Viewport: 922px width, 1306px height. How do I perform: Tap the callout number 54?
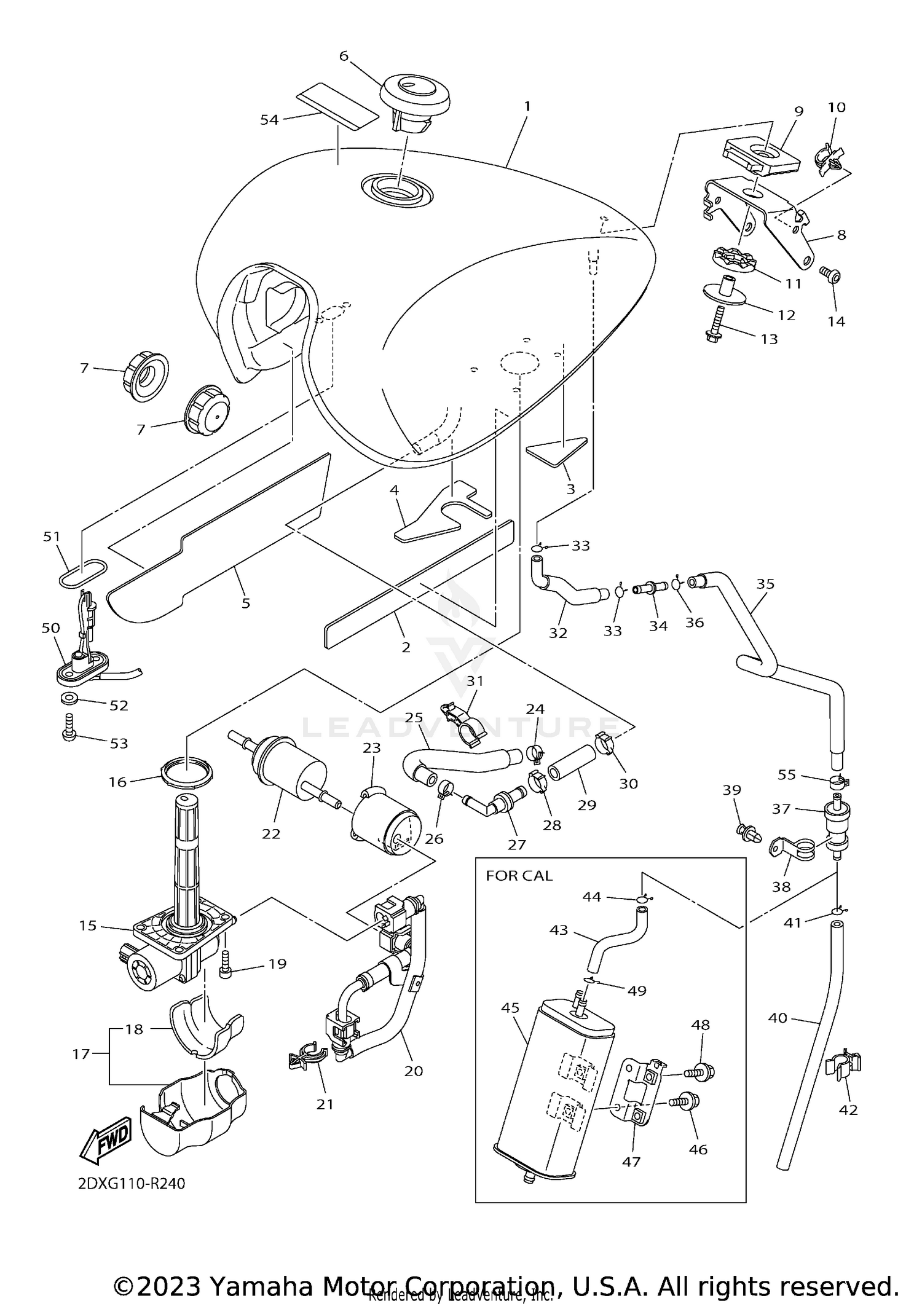(269, 120)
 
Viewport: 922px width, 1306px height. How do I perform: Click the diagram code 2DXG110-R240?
(132, 1183)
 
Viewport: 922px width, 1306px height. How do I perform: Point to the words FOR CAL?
(519, 875)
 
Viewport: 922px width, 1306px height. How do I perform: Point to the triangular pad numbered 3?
(556, 452)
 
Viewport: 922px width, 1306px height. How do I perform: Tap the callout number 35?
(765, 584)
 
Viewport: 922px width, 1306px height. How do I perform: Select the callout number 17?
(81, 1053)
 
